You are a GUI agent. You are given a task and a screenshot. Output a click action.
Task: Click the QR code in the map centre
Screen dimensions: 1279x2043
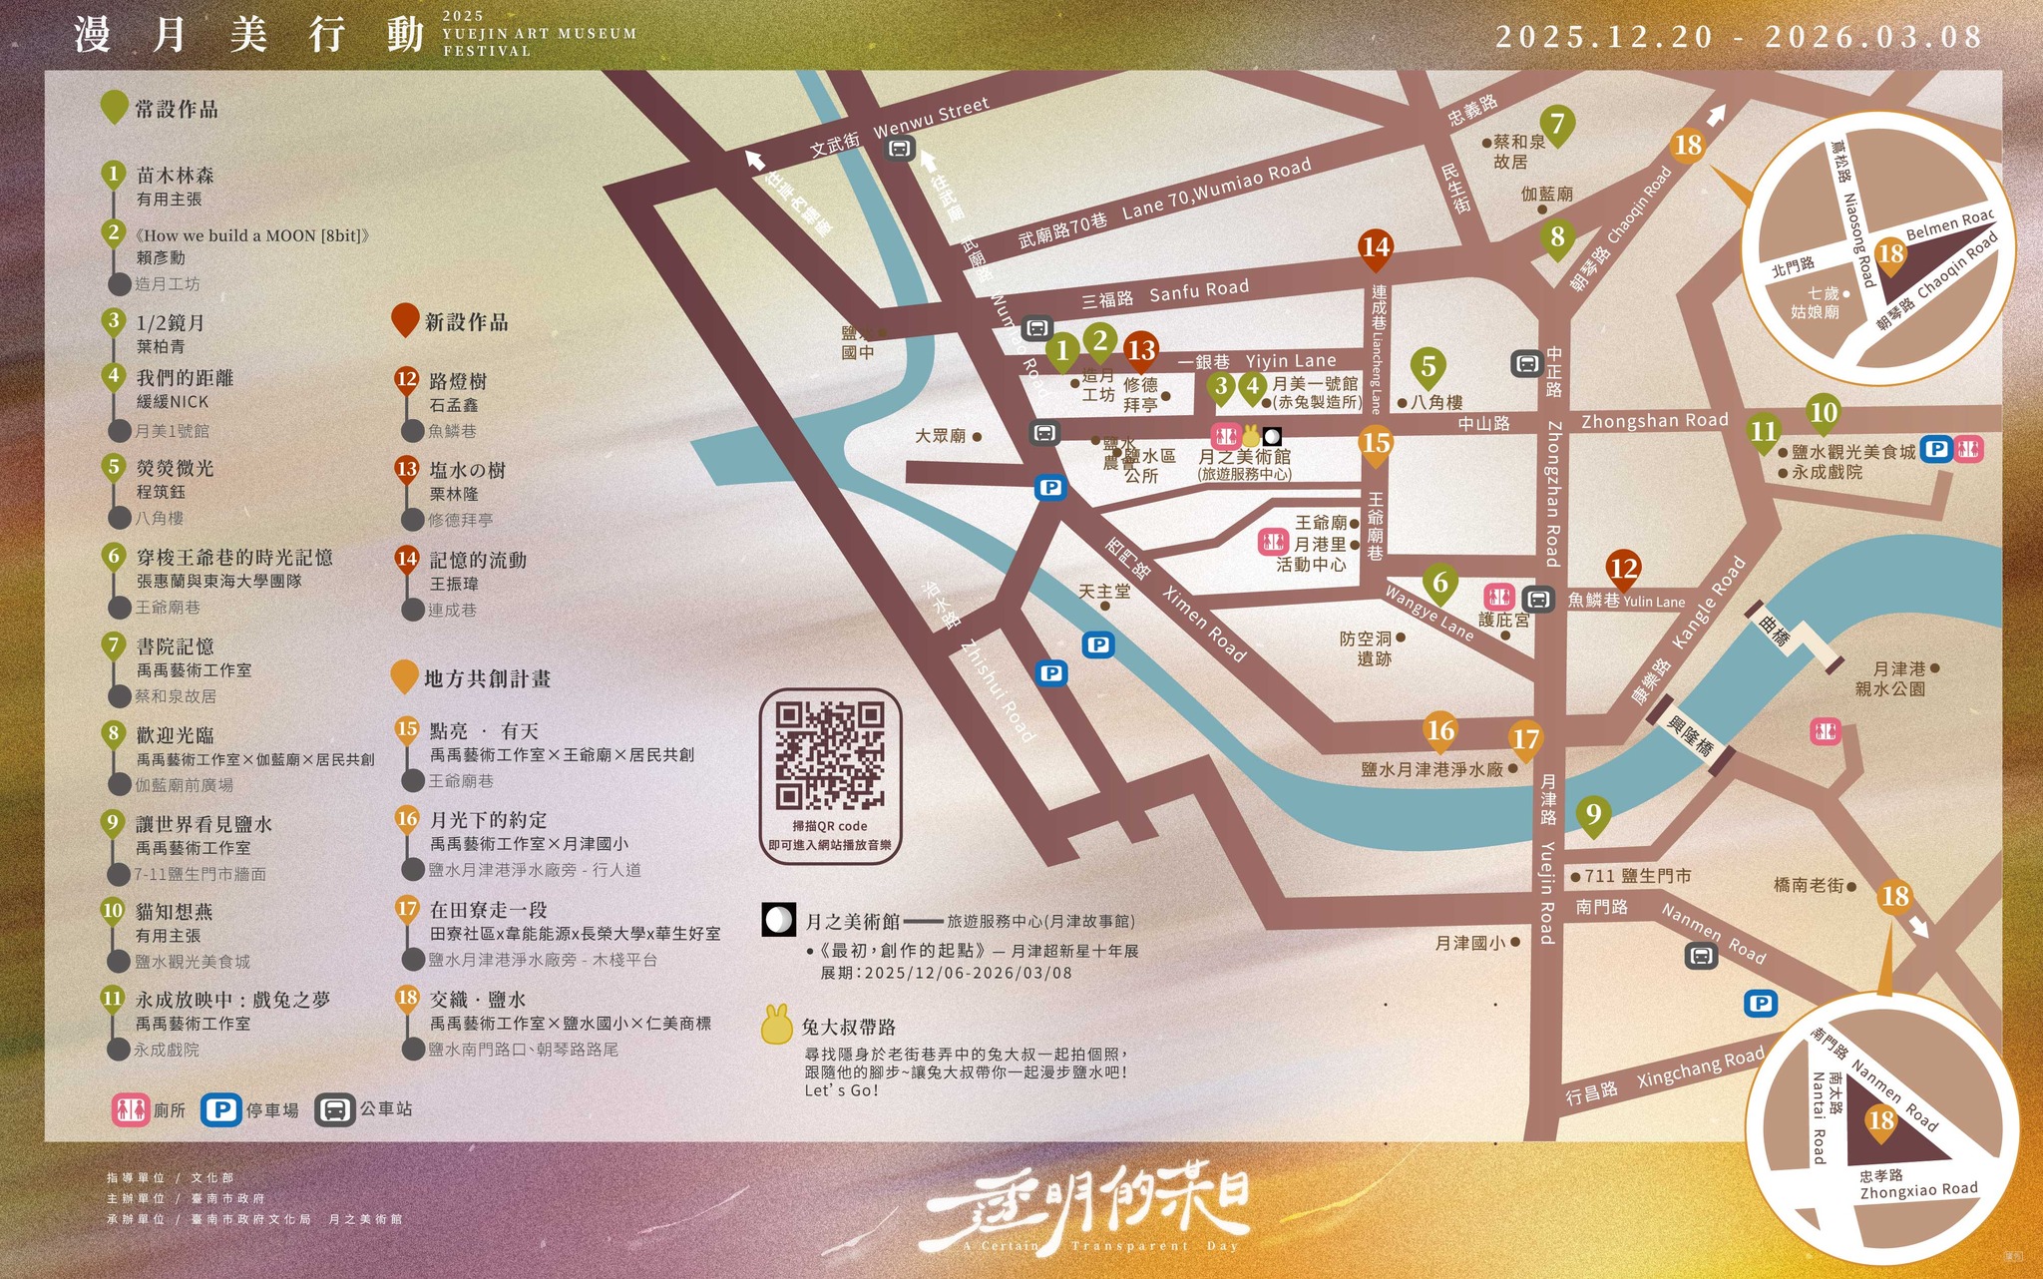[830, 755]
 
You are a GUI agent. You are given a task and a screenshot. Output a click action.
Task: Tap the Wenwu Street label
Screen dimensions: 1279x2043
[931, 118]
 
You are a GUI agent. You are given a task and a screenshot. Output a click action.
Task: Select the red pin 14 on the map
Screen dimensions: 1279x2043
[1375, 247]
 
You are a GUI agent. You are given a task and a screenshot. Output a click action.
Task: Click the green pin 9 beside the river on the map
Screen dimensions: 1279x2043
[1593, 816]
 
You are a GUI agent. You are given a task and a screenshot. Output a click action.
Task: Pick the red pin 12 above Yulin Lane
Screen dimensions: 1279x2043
[1624, 568]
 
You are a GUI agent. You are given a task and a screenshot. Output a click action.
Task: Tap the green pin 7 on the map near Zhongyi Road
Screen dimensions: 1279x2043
[1557, 125]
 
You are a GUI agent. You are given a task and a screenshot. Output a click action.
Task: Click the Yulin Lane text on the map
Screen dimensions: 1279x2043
[1654, 602]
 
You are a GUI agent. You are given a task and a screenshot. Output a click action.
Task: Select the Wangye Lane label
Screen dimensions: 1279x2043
[1429, 613]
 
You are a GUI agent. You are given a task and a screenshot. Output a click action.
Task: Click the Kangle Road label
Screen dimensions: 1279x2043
[1709, 602]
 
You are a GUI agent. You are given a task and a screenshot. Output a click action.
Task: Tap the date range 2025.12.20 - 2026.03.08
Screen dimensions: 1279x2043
[1739, 37]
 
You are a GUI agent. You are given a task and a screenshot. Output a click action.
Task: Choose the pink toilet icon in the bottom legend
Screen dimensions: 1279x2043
[131, 1110]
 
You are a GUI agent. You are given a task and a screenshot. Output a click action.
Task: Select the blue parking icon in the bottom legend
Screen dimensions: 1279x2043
[220, 1110]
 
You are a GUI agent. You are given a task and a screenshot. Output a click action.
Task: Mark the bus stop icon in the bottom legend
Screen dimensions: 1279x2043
[335, 1110]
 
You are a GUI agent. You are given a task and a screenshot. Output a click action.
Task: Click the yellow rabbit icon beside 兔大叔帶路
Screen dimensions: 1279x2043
[777, 1026]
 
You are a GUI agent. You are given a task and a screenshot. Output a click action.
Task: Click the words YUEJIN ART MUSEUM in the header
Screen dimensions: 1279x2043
[540, 34]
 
